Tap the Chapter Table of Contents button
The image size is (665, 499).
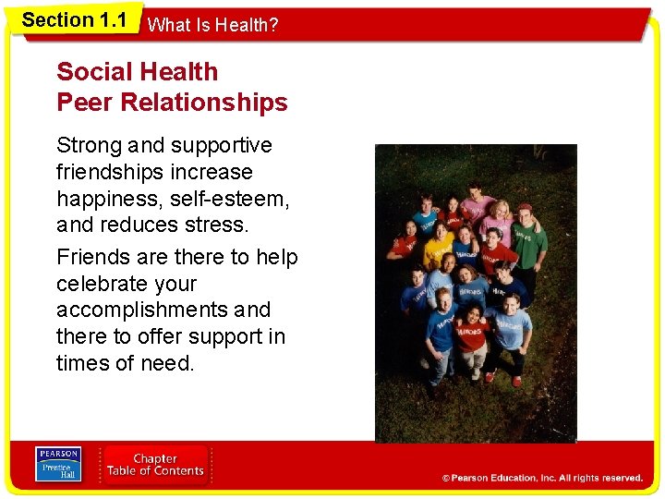[155, 465]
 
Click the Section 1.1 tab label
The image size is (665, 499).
[74, 20]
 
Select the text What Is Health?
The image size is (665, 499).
[212, 25]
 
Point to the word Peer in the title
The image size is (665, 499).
[84, 102]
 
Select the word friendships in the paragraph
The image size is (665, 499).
[107, 172]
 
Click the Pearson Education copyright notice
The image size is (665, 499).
[542, 478]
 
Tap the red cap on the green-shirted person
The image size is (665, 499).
[526, 208]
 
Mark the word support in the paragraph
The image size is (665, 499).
[208, 336]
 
